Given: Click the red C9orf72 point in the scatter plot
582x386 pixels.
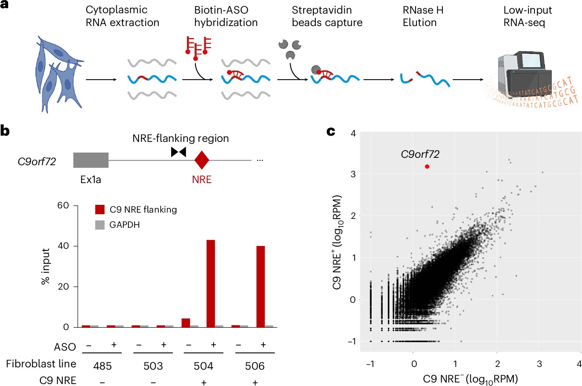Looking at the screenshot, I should point(427,167).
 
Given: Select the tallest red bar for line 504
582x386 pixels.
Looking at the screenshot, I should point(210,283).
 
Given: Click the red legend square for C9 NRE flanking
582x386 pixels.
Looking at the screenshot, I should point(100,210).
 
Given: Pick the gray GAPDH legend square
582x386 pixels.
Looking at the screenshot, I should point(100,225).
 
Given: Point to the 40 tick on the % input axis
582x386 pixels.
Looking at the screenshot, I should point(63,246).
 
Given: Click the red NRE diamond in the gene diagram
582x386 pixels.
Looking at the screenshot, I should point(202,160).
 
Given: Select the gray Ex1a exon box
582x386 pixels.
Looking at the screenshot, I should point(91,160).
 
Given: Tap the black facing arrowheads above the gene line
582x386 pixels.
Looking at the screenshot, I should point(179,152).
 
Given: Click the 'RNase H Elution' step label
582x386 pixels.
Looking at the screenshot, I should point(423,16).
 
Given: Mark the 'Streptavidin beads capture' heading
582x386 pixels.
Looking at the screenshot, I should point(327,16).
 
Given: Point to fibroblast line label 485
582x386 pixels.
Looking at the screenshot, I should point(102,366).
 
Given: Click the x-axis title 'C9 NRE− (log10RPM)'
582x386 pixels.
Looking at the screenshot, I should point(470,379).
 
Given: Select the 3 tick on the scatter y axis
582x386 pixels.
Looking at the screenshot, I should point(353,174).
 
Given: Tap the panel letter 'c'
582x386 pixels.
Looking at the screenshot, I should point(331,131).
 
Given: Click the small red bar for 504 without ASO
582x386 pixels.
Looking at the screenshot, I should point(186,323).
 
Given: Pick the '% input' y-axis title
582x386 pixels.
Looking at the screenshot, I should point(46,266).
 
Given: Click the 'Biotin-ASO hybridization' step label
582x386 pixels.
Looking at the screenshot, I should point(226,16).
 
